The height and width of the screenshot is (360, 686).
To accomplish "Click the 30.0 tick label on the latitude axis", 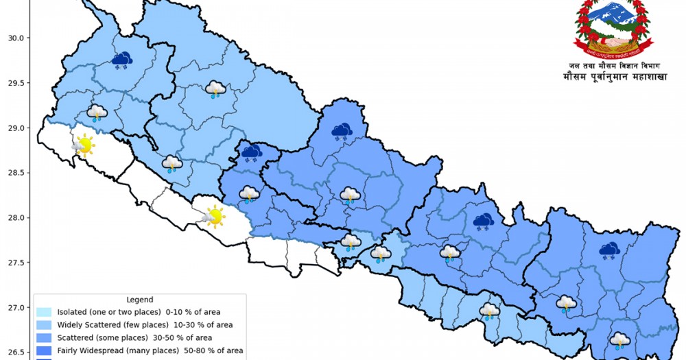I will pyautogui.click(x=14, y=38).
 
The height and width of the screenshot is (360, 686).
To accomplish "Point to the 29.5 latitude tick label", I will pyautogui.click(x=14, y=83).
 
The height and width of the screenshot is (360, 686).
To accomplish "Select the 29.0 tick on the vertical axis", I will pyautogui.click(x=14, y=128).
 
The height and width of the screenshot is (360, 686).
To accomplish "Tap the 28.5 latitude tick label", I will pyautogui.click(x=14, y=173).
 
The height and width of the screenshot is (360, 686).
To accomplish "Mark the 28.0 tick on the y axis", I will pyautogui.click(x=14, y=218).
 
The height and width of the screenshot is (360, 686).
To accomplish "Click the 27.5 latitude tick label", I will pyautogui.click(x=14, y=263).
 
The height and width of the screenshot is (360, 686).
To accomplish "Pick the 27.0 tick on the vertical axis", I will pyautogui.click(x=14, y=308).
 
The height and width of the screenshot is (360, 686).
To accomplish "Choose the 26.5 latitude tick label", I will pyautogui.click(x=14, y=352).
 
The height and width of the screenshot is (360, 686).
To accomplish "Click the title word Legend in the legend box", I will pyautogui.click(x=140, y=300).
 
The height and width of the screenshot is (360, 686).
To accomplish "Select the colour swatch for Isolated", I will pyautogui.click(x=45, y=312).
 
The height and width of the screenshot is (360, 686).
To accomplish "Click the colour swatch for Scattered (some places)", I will pyautogui.click(x=45, y=338).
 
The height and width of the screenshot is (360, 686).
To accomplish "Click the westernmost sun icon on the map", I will pyautogui.click(x=83, y=145).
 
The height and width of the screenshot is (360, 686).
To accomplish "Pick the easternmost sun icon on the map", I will pyautogui.click(x=213, y=217).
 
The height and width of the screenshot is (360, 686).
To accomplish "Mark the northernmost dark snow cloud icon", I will pyautogui.click(x=122, y=60).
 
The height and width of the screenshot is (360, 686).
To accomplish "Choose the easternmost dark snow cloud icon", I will pyautogui.click(x=608, y=251).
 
